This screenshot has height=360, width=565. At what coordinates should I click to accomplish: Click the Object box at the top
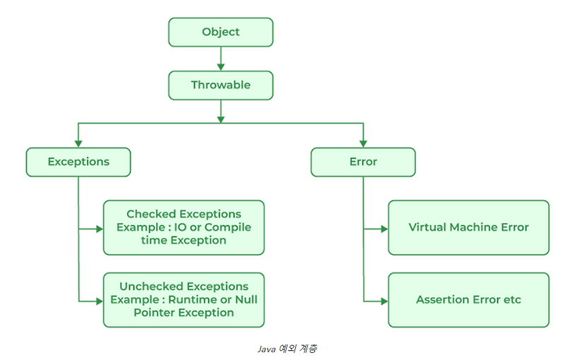220,32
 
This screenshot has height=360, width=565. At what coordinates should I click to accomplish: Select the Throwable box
220,85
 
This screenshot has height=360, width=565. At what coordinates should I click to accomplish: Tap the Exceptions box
78,162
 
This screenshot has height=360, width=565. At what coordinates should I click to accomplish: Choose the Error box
363,162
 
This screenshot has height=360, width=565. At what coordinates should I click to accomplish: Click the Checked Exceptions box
184,227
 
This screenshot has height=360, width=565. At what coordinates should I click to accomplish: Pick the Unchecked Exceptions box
184,299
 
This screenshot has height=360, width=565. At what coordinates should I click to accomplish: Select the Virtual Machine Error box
468,227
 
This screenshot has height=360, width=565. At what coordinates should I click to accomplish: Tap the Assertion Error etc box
468,299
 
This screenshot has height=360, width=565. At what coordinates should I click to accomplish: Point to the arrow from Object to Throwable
220,58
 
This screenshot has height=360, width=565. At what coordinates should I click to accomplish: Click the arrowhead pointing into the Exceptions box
78,143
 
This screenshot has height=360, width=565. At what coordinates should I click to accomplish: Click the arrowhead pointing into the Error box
363,143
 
